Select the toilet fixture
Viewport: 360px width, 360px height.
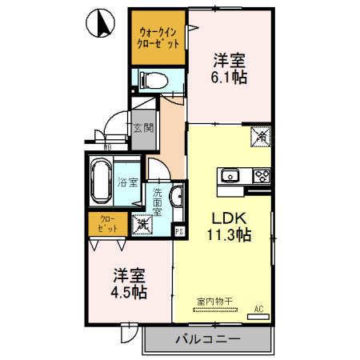click(151, 79)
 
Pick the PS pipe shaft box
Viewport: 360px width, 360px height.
click(179, 232)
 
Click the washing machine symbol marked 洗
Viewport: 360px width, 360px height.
click(140, 226)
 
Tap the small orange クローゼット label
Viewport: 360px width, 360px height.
click(106, 225)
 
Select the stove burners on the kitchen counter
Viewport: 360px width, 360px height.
click(261, 175)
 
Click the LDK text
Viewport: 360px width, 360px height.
click(227, 218)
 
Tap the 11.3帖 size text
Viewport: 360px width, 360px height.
click(227, 235)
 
